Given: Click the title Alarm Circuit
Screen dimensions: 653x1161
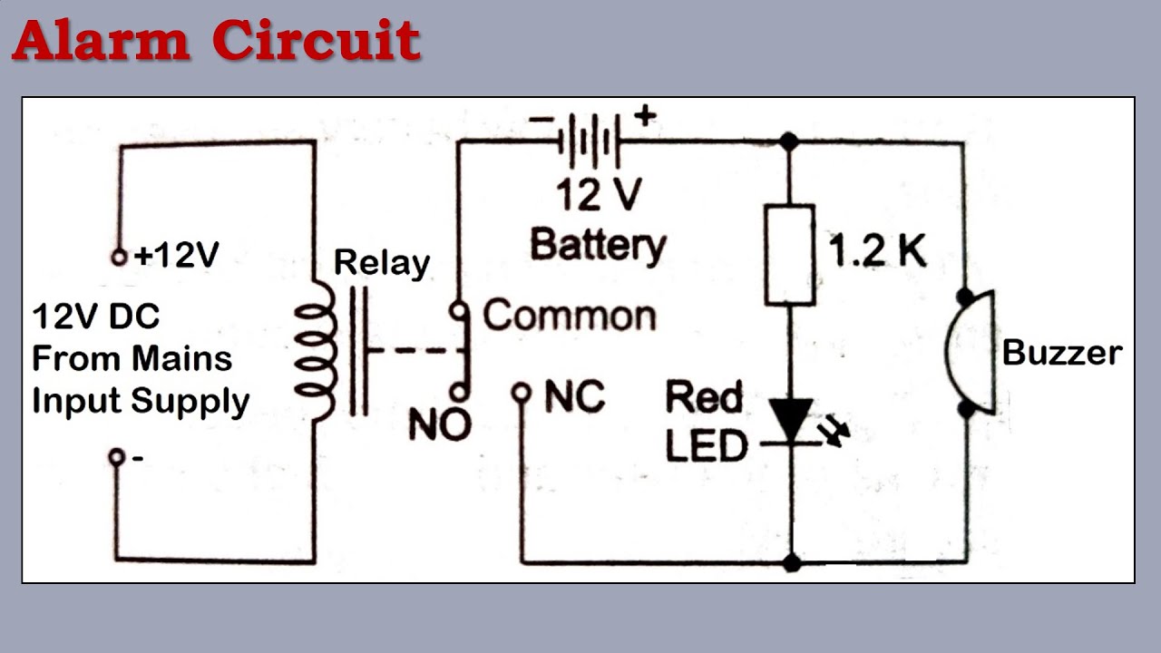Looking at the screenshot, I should pos(216,41).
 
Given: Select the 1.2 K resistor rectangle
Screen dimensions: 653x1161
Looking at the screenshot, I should pos(790,254).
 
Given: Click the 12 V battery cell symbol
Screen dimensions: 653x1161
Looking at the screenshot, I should pos(590,141).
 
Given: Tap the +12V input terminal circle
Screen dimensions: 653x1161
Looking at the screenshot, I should pos(118,258).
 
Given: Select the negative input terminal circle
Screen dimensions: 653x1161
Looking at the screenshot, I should pos(116,456).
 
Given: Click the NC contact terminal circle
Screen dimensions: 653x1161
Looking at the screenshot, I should pos(521,393).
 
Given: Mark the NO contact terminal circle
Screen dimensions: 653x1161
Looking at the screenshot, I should pos(460,393).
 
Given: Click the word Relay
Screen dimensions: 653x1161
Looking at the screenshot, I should pos(381,263).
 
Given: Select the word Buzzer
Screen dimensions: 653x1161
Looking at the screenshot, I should pos(1061,353).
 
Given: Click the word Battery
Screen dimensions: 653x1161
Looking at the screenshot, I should pos(598,244).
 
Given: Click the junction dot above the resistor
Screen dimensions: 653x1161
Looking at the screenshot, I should pos(790,141).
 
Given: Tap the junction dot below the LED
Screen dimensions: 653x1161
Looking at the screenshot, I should pos(792,563).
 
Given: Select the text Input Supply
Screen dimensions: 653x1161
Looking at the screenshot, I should pos(141,401).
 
